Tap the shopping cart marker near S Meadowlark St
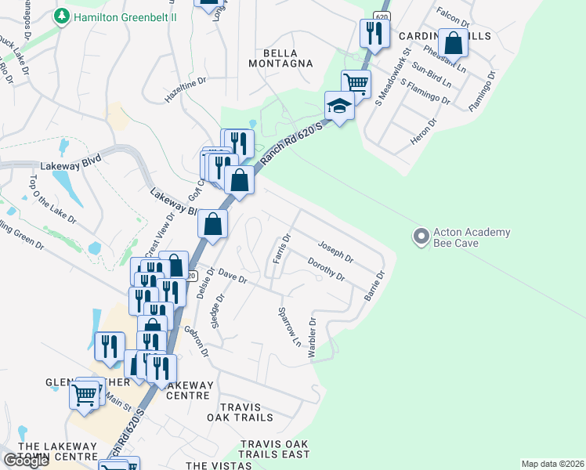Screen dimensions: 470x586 [356, 82]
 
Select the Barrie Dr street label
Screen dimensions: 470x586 [374, 287]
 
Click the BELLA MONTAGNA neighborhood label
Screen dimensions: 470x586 [281, 63]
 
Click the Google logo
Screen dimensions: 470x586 [25, 461]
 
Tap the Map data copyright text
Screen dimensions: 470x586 [552, 464]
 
